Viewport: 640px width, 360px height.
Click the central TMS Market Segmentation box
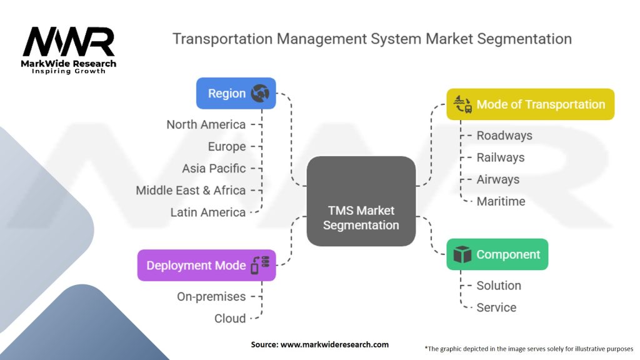361,201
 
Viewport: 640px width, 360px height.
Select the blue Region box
236,93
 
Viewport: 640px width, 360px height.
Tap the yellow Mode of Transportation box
530,104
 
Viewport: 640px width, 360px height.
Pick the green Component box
497,254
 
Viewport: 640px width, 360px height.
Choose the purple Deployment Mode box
206,265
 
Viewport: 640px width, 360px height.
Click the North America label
206,124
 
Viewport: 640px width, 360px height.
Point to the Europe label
227,146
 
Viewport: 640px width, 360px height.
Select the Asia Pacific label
214,168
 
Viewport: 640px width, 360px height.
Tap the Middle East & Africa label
191,190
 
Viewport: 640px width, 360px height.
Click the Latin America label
208,212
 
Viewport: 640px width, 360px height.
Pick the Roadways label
504,136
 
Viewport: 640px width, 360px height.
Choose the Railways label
501,157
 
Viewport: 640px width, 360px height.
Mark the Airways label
498,179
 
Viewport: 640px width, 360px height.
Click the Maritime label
501,201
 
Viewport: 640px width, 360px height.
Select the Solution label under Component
499,286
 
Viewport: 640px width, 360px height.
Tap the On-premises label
211,296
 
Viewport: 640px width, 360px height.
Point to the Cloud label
230,318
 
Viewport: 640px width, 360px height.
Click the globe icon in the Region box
259,94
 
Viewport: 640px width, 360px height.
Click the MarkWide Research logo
69,49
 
